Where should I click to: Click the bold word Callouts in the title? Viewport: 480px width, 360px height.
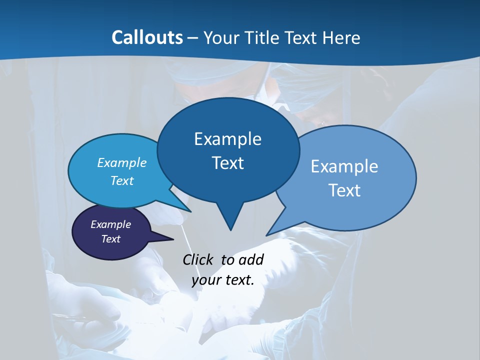click(147, 37)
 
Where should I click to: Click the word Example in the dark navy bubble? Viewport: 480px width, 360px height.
click(111, 224)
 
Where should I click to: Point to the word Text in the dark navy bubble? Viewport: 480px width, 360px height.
click(111, 239)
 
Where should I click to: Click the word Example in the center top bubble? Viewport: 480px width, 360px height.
click(227, 138)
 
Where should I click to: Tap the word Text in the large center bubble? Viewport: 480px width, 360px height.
click(227, 162)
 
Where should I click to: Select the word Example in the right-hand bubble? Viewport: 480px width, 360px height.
click(344, 166)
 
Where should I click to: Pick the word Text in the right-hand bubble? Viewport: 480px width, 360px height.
click(344, 190)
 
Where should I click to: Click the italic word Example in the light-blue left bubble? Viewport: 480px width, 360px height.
click(122, 162)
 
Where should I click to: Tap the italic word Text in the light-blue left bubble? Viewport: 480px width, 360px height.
click(122, 180)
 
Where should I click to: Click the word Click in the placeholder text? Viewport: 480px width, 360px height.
click(199, 259)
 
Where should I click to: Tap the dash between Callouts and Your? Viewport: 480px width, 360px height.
click(193, 38)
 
